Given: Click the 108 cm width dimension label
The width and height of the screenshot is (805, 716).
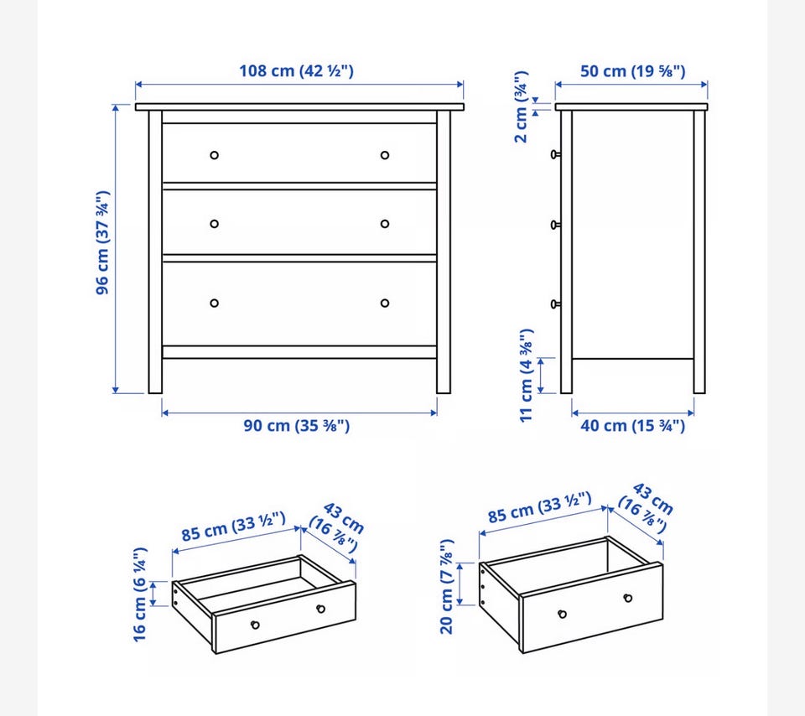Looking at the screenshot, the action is coord(296,70).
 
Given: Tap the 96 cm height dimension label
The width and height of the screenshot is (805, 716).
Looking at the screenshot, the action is coord(102,242).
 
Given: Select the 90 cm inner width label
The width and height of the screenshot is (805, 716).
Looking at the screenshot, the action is coord(296,426).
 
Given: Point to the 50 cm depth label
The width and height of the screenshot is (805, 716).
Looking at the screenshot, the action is coord(632,70).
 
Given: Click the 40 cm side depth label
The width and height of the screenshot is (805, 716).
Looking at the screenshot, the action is coord(632,426).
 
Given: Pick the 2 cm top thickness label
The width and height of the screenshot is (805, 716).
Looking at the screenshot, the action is coord(521,106).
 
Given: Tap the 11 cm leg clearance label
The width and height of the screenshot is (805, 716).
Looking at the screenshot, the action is coord(527,376).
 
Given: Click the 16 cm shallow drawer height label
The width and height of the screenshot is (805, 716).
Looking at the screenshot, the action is coord(140,595).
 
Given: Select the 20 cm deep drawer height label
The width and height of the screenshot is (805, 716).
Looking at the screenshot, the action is coord(447,587).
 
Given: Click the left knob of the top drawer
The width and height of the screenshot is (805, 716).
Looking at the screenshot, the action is coord(215,155).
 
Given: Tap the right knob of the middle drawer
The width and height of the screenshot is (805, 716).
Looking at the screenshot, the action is coord(385,224).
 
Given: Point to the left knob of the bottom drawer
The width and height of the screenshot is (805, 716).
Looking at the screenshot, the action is coord(215,304).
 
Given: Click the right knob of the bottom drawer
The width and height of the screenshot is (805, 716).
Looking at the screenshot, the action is coord(385,304).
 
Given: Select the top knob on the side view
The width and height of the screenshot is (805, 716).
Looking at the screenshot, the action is coord(555,154).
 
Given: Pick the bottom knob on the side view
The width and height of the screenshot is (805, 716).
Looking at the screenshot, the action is coord(555,304).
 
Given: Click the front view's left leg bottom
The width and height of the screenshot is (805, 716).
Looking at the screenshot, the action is coord(155,392).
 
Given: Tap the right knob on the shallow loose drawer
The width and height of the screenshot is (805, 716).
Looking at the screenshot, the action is coord(321,609).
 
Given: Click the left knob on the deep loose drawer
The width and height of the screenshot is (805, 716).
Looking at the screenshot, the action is coord(562,614).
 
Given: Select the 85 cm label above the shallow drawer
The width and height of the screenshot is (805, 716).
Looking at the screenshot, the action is coord(234,527).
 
